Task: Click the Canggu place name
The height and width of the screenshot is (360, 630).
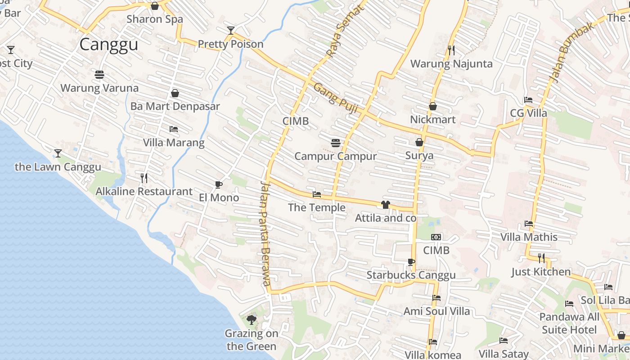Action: pos(108,45)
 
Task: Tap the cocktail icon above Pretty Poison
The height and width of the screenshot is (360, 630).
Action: pos(231,31)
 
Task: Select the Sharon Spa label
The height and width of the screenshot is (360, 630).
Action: pos(155,19)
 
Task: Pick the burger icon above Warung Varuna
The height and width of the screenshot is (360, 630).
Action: pos(99,74)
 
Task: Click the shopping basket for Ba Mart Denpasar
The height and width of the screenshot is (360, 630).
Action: pos(175,93)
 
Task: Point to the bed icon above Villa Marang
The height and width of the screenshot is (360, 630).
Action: pos(174,130)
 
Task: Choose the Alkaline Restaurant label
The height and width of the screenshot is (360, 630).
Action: pos(144,191)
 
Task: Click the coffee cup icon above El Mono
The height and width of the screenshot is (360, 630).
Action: pos(219,184)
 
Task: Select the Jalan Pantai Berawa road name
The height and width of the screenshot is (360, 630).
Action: pos(265,233)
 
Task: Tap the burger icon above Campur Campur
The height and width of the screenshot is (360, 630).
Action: pos(335,143)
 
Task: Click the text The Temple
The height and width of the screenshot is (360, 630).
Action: pos(317,207)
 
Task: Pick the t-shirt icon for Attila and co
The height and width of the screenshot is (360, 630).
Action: pos(385,205)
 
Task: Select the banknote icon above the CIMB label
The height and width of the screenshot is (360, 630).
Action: pos(436,237)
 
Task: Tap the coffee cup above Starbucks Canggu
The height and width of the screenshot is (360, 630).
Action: pos(411,262)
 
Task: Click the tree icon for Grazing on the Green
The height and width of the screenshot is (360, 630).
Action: pos(252,320)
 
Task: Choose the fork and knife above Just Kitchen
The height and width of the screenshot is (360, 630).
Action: pos(541,258)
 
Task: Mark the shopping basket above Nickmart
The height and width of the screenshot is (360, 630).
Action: pos(433,107)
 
